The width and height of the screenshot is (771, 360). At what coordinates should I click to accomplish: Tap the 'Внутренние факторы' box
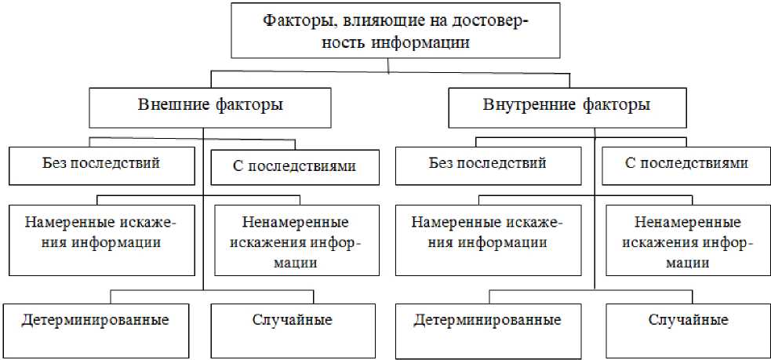(x=570, y=107)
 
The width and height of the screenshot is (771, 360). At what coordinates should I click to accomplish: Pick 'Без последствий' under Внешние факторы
(x=101, y=165)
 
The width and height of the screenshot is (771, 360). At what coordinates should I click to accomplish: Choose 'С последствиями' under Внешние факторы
(x=295, y=166)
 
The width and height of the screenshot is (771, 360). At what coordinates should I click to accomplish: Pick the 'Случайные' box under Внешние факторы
(x=293, y=329)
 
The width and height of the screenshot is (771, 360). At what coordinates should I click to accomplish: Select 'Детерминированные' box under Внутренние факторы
(x=488, y=329)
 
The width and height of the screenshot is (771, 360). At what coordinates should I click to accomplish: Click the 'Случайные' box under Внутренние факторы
(x=689, y=329)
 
